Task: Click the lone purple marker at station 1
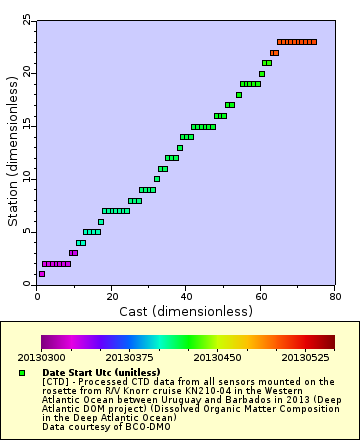coord(41,274)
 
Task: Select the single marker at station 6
coord(101,221)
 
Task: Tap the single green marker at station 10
coord(157,179)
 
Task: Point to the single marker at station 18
coord(239,95)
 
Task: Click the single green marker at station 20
coord(262,73)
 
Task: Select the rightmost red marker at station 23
coord(314,42)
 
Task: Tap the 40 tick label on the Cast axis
coord(186,295)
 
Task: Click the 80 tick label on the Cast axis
coord(334,295)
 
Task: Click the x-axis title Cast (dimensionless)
coord(186,311)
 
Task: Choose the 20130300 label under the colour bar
coord(42,356)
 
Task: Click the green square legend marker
coord(22,372)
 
